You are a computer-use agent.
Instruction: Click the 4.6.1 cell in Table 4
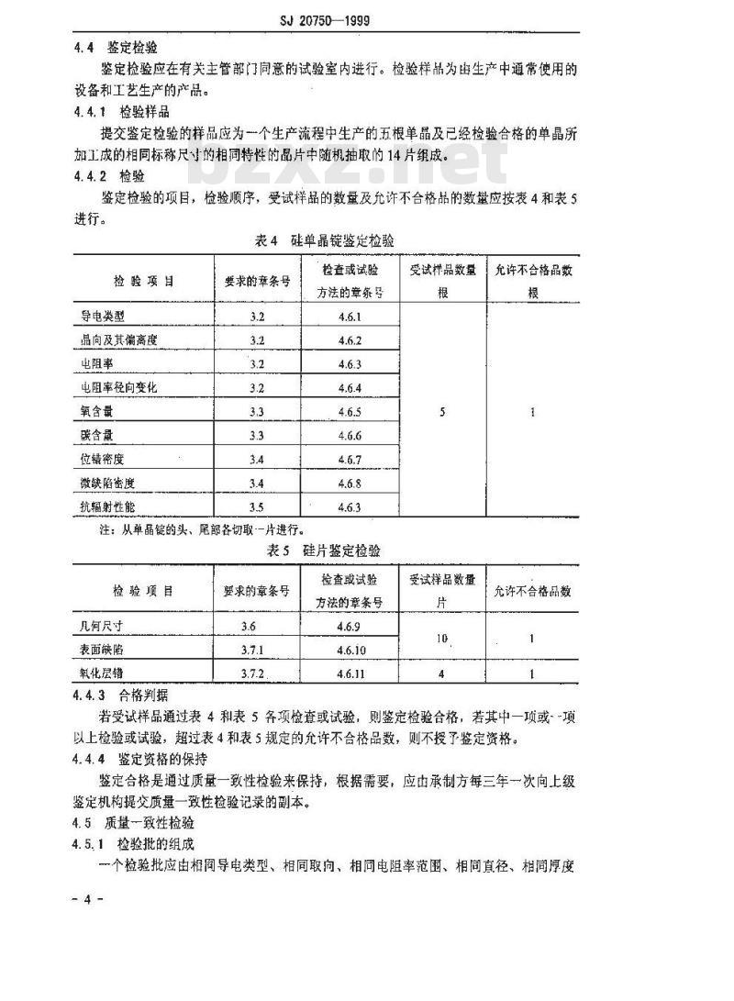pos(350,317)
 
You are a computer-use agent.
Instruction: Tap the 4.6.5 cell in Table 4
pos(350,412)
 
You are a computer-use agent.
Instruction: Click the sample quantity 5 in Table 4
pos(442,412)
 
